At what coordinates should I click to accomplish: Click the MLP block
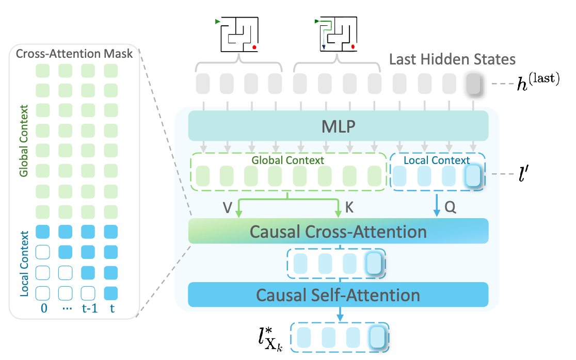click(338, 125)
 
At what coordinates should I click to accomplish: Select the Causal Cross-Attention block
click(338, 231)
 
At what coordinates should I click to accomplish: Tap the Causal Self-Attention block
click(338, 295)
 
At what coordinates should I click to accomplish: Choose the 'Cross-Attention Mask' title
click(74, 54)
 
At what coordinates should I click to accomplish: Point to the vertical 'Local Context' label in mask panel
click(23, 264)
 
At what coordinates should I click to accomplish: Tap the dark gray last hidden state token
click(473, 83)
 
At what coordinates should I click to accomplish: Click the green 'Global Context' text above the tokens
click(288, 160)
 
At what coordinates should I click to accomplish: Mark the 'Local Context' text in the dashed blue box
click(437, 160)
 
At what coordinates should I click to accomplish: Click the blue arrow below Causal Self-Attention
click(340, 314)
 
